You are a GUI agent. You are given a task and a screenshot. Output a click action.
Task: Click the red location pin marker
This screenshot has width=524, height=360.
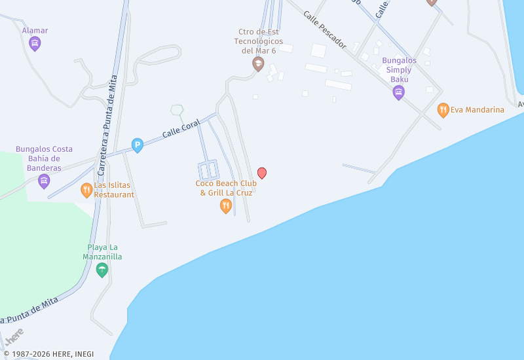tap(262, 173)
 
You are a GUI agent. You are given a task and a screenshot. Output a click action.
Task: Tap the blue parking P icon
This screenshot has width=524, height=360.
tap(138, 145)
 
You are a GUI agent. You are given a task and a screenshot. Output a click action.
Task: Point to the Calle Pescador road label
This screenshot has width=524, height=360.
tap(324, 40)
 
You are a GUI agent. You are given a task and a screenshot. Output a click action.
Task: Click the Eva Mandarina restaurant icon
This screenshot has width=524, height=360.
tap(443, 110)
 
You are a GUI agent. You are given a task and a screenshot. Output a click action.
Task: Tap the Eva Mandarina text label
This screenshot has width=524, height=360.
tap(477, 110)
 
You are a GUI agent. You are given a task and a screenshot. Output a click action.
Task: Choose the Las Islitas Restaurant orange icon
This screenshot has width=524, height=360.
tap(86, 190)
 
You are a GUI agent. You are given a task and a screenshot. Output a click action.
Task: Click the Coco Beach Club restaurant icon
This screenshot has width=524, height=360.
tap(226, 206)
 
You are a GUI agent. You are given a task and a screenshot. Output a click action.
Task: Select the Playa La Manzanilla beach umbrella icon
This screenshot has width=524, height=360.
tap(102, 270)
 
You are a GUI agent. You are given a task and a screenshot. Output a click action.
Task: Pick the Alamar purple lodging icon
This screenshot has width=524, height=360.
tap(35, 44)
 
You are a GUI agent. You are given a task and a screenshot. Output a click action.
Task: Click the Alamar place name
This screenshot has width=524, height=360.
tap(35, 30)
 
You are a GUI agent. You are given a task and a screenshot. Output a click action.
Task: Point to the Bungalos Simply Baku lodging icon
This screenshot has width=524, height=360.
tap(398, 92)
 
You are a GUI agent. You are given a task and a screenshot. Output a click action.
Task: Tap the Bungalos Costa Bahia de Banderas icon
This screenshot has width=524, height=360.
tap(44, 181)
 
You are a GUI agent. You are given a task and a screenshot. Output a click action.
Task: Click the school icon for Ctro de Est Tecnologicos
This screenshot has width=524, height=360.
tap(258, 64)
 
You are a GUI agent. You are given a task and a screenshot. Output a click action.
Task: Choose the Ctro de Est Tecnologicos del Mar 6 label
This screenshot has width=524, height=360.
tap(258, 41)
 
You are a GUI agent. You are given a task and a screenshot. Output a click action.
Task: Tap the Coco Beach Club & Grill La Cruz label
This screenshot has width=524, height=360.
tap(226, 188)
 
